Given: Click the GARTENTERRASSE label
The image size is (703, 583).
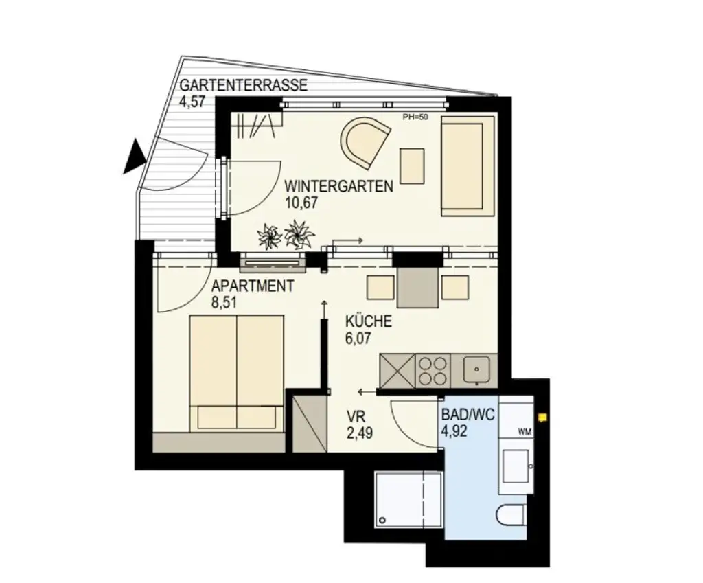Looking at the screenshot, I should pos(243,87).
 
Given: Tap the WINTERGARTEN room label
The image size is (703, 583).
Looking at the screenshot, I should pos(338,186).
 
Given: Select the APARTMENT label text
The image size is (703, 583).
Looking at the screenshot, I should pos(253,286).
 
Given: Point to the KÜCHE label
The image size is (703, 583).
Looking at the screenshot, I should pos(368,321).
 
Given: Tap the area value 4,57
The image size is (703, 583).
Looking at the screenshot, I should pos(194,102).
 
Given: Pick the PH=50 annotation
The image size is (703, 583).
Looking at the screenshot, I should pos(415,117).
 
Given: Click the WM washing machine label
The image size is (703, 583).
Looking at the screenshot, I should pos(525,432).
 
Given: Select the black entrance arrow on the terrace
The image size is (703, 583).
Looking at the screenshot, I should pos(134,157).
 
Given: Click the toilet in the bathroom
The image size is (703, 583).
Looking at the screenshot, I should pos(512,515).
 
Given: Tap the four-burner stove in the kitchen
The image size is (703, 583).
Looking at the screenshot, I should pos(433,370).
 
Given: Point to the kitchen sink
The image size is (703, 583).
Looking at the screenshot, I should pos(475,369).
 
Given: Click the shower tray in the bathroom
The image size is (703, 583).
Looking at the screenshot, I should pos(409,499).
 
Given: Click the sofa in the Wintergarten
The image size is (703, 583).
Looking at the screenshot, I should pos(467,165).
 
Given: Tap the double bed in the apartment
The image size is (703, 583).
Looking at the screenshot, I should pos(236,373).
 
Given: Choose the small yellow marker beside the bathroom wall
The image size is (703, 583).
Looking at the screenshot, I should pos(544,416).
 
